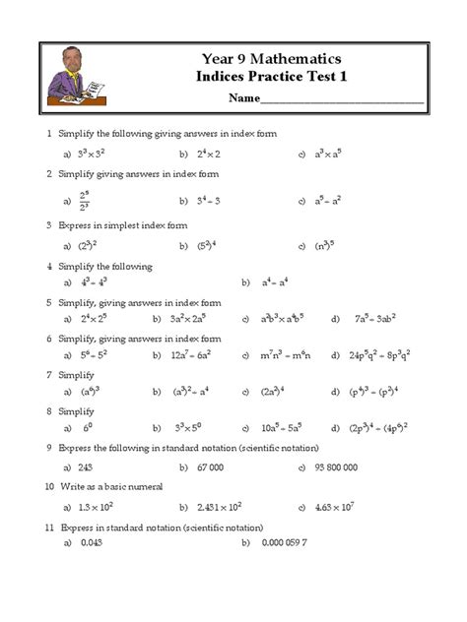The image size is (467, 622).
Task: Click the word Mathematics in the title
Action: click(297, 58)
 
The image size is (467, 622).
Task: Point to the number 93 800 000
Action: click(336, 466)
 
